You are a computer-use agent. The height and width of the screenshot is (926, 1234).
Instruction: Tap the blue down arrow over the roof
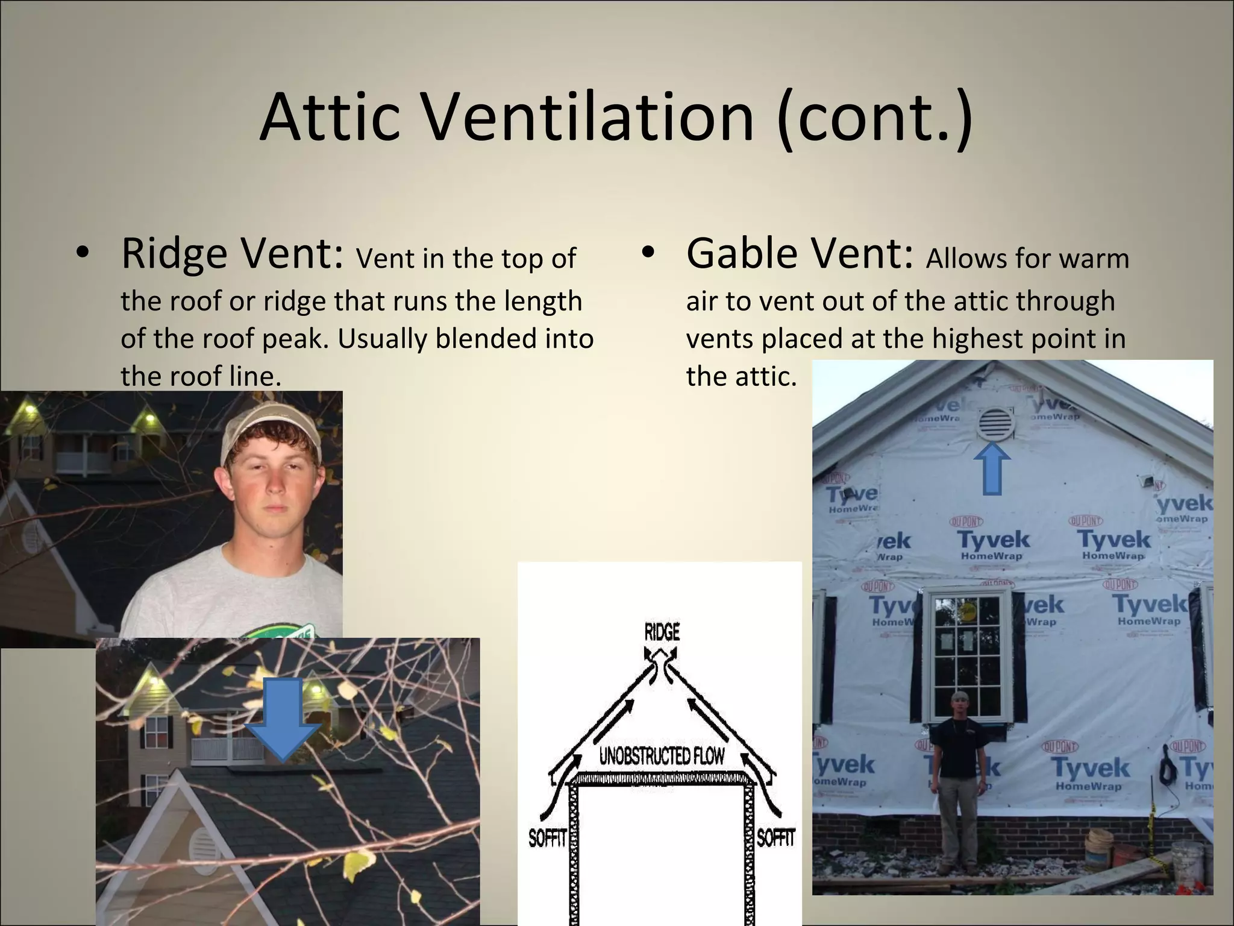click(x=283, y=718)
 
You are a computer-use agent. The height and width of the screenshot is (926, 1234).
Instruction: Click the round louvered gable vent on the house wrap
click(x=995, y=424)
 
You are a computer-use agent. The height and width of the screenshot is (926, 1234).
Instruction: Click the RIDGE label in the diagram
click(x=662, y=632)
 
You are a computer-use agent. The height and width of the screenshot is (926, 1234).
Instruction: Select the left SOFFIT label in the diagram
click(x=547, y=839)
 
